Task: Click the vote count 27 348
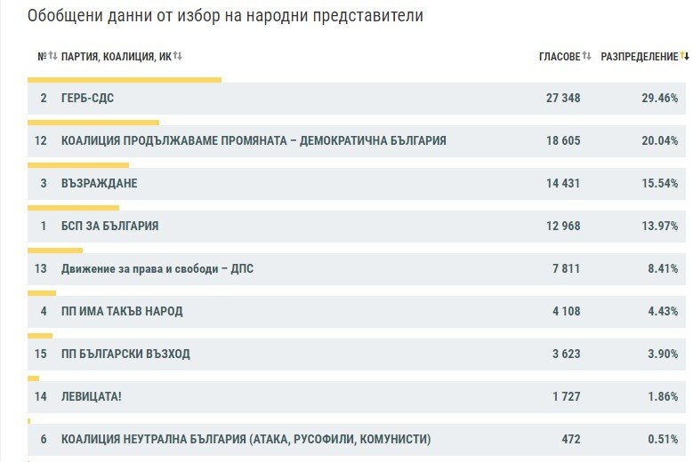point(563,98)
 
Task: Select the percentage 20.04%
point(660,140)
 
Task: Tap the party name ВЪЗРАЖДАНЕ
point(99,183)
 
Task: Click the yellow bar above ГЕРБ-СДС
point(125,80)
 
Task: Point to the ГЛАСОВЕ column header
point(560,57)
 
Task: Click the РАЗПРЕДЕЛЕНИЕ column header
point(639,57)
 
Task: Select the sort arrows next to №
point(53,56)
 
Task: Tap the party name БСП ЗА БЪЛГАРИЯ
point(109,226)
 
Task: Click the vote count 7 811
point(566,268)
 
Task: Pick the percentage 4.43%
point(663,311)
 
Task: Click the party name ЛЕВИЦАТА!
point(91,396)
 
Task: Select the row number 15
point(41,354)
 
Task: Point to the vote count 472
point(571,439)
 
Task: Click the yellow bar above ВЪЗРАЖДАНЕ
point(78,165)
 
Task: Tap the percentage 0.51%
point(663,439)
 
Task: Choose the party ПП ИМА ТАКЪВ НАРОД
point(122,311)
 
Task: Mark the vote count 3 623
point(566,354)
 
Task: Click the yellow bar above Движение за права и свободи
point(55,251)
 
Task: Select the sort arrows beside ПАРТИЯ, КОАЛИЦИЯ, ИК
point(177,56)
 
